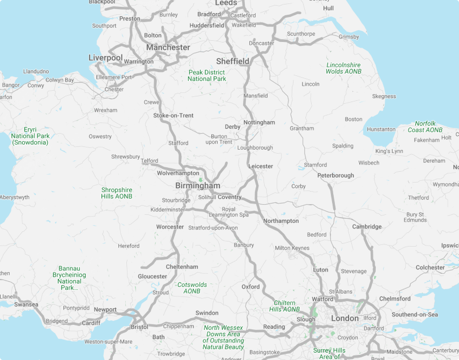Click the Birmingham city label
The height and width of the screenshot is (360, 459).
(x=198, y=186)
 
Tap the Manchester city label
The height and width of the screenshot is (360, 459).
(x=168, y=48)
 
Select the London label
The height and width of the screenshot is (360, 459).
(x=345, y=319)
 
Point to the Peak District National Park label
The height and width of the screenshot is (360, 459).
(x=207, y=76)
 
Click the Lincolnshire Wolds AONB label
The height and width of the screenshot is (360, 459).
(x=343, y=69)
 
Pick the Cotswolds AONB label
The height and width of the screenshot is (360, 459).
(x=192, y=288)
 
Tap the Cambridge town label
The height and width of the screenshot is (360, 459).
(x=367, y=227)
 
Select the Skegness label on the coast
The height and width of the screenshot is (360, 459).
(x=384, y=96)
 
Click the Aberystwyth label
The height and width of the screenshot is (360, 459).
(x=15, y=197)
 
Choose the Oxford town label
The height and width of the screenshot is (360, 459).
(x=250, y=287)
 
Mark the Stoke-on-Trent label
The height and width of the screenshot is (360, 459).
(x=173, y=116)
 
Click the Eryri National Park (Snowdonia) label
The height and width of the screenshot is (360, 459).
(x=30, y=136)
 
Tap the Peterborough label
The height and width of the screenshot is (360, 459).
(x=335, y=176)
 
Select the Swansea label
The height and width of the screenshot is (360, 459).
(x=26, y=304)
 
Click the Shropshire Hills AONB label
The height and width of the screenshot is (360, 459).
(x=117, y=193)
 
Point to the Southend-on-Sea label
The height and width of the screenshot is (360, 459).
(x=415, y=315)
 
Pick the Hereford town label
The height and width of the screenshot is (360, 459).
(x=129, y=246)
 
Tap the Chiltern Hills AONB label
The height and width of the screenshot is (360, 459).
(x=284, y=306)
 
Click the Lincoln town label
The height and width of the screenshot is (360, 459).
(x=311, y=84)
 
